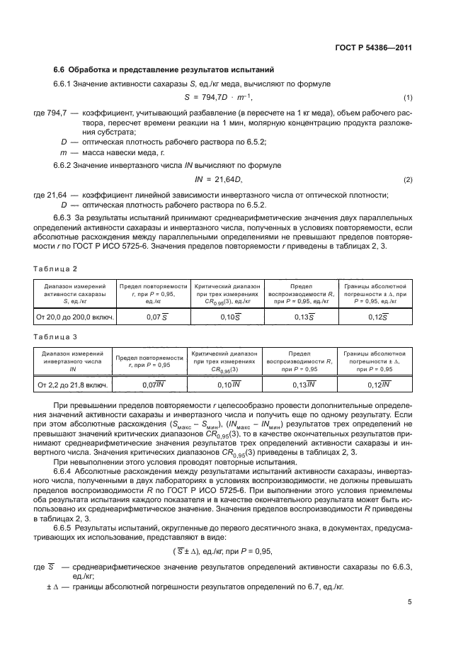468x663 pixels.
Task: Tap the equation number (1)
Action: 408,97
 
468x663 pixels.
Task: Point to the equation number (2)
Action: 408,180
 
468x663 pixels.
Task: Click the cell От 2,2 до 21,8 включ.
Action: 72,385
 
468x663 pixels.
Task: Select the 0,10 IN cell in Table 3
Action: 228,385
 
